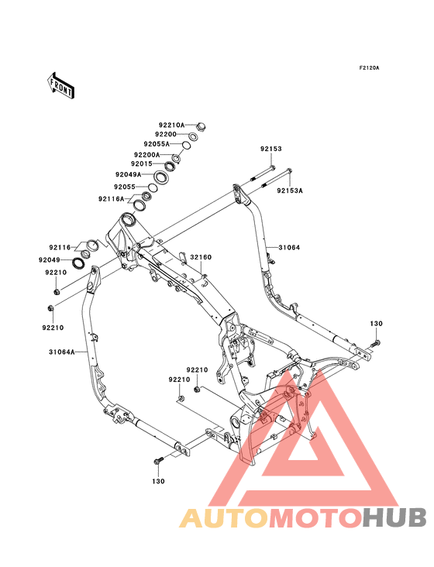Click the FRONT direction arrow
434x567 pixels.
60,85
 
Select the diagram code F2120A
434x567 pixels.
369,67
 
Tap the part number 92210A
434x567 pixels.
172,125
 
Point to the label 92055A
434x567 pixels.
157,144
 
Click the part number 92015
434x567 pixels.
141,163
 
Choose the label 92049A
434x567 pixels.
129,174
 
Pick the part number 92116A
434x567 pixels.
111,199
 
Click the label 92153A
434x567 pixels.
290,191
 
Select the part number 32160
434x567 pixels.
201,257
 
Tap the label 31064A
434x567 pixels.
62,352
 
